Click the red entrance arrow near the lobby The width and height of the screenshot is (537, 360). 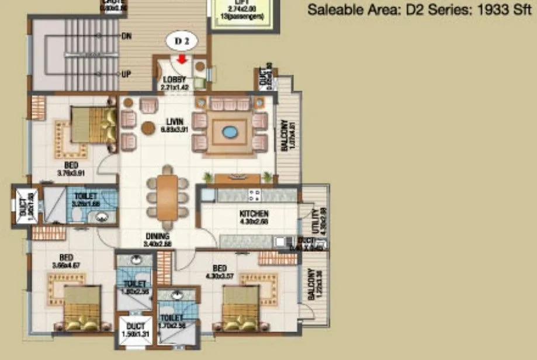(182, 59)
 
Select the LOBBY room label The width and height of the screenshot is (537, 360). (174, 79)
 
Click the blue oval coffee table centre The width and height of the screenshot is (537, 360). (230, 132)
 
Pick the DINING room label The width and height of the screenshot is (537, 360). (158, 236)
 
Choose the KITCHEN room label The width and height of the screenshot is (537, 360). (254, 214)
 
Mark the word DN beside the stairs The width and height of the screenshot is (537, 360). (126, 36)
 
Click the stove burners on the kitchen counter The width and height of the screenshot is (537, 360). (255, 195)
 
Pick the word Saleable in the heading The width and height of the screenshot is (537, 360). (331, 10)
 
